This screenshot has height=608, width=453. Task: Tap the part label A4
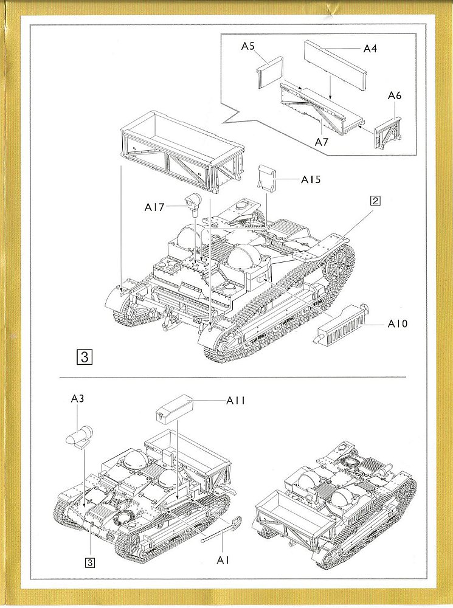click(x=370, y=48)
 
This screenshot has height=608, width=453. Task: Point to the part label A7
click(x=322, y=141)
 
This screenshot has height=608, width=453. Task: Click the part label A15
click(x=310, y=179)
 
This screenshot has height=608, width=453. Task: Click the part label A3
click(x=77, y=399)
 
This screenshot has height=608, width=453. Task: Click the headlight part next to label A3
click(x=78, y=436)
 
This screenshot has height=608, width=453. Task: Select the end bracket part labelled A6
click(x=387, y=131)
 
